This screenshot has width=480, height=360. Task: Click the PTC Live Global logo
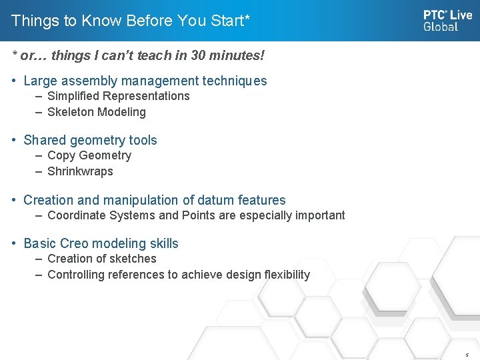pyautogui.click(x=447, y=20)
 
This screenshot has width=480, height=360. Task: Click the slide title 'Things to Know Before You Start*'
pyautogui.click(x=131, y=21)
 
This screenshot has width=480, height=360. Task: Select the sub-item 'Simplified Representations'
pyautogui.click(x=119, y=96)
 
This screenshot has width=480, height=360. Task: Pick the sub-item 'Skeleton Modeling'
pyautogui.click(x=97, y=112)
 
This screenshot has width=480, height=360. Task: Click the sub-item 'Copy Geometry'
pyautogui.click(x=89, y=155)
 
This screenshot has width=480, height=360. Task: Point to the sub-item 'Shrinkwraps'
pyautogui.click(x=80, y=171)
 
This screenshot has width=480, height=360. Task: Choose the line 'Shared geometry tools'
pyautogui.click(x=90, y=140)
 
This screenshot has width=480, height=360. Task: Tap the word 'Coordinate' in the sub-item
pyautogui.click(x=75, y=215)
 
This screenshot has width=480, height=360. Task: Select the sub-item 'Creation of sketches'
pyautogui.click(x=102, y=259)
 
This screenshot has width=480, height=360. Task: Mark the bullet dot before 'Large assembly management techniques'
pyautogui.click(x=15, y=81)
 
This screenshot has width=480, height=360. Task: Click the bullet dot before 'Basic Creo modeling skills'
pyautogui.click(x=15, y=243)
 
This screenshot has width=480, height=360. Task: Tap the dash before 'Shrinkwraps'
pyautogui.click(x=40, y=171)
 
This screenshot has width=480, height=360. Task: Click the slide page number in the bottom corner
pyautogui.click(x=467, y=355)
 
